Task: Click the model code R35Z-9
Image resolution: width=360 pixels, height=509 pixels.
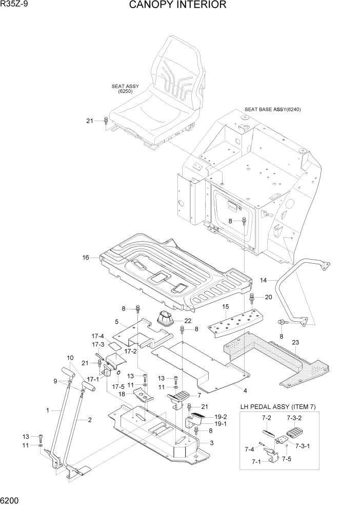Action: click(x=16, y=5)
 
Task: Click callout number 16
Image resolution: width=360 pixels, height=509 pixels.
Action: click(x=86, y=257)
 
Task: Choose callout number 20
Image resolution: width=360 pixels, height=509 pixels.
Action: click(x=268, y=297)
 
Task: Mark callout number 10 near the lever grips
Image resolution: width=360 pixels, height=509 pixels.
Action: click(x=70, y=358)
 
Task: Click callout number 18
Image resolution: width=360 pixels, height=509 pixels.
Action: click(x=122, y=394)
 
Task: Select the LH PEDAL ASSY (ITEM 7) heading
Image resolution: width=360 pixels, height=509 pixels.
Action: click(x=278, y=407)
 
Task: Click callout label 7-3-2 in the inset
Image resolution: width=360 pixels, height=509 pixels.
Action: click(x=295, y=418)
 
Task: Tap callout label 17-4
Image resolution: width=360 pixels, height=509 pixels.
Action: click(x=97, y=336)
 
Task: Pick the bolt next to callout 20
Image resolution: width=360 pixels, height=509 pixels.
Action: click(x=252, y=297)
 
